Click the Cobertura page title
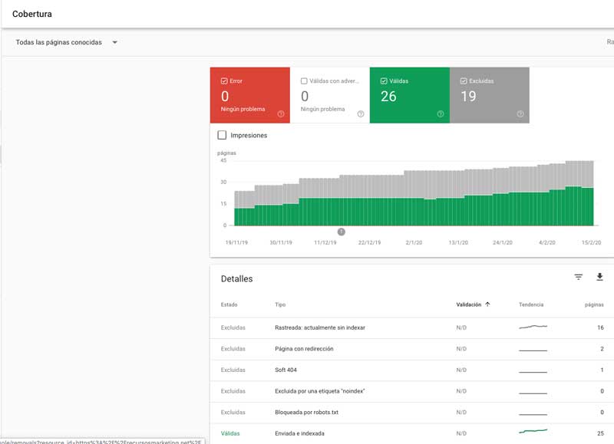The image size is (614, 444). click(32, 13)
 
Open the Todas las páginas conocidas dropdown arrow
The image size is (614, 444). click(114, 42)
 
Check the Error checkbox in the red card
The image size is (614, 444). click(224, 81)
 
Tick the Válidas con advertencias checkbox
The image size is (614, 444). click(304, 81)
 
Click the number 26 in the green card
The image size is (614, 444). click(388, 97)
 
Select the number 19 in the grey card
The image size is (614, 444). click(468, 97)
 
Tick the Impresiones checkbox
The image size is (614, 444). click(222, 135)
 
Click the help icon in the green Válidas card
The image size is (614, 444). click(441, 114)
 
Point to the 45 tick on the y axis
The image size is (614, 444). click(223, 160)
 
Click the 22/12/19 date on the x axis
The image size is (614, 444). click(370, 242)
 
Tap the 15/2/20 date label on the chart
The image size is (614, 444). click(589, 242)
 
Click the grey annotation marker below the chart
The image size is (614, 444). click(342, 232)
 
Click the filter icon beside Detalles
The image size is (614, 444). click(579, 278)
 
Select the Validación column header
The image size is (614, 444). click(469, 304)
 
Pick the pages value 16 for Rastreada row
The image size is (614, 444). click(600, 327)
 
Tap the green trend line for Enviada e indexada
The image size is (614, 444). click(533, 432)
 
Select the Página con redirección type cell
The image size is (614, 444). click(304, 349)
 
